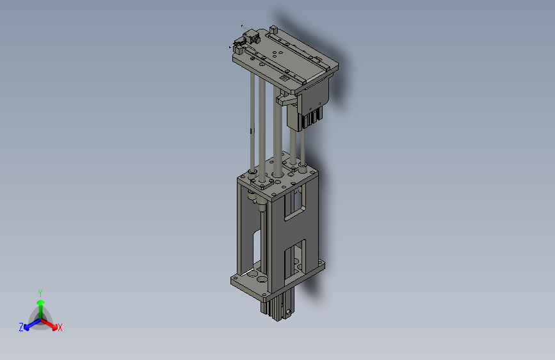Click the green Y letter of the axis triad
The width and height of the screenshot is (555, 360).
tap(40, 293)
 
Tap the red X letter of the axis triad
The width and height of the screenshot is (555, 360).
tap(60, 327)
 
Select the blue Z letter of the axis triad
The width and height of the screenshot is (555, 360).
tap(21, 327)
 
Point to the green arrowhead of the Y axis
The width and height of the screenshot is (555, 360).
tap(41, 302)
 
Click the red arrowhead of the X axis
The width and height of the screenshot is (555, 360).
tap(54, 327)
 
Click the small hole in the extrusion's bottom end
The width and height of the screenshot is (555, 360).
tap(289, 312)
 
